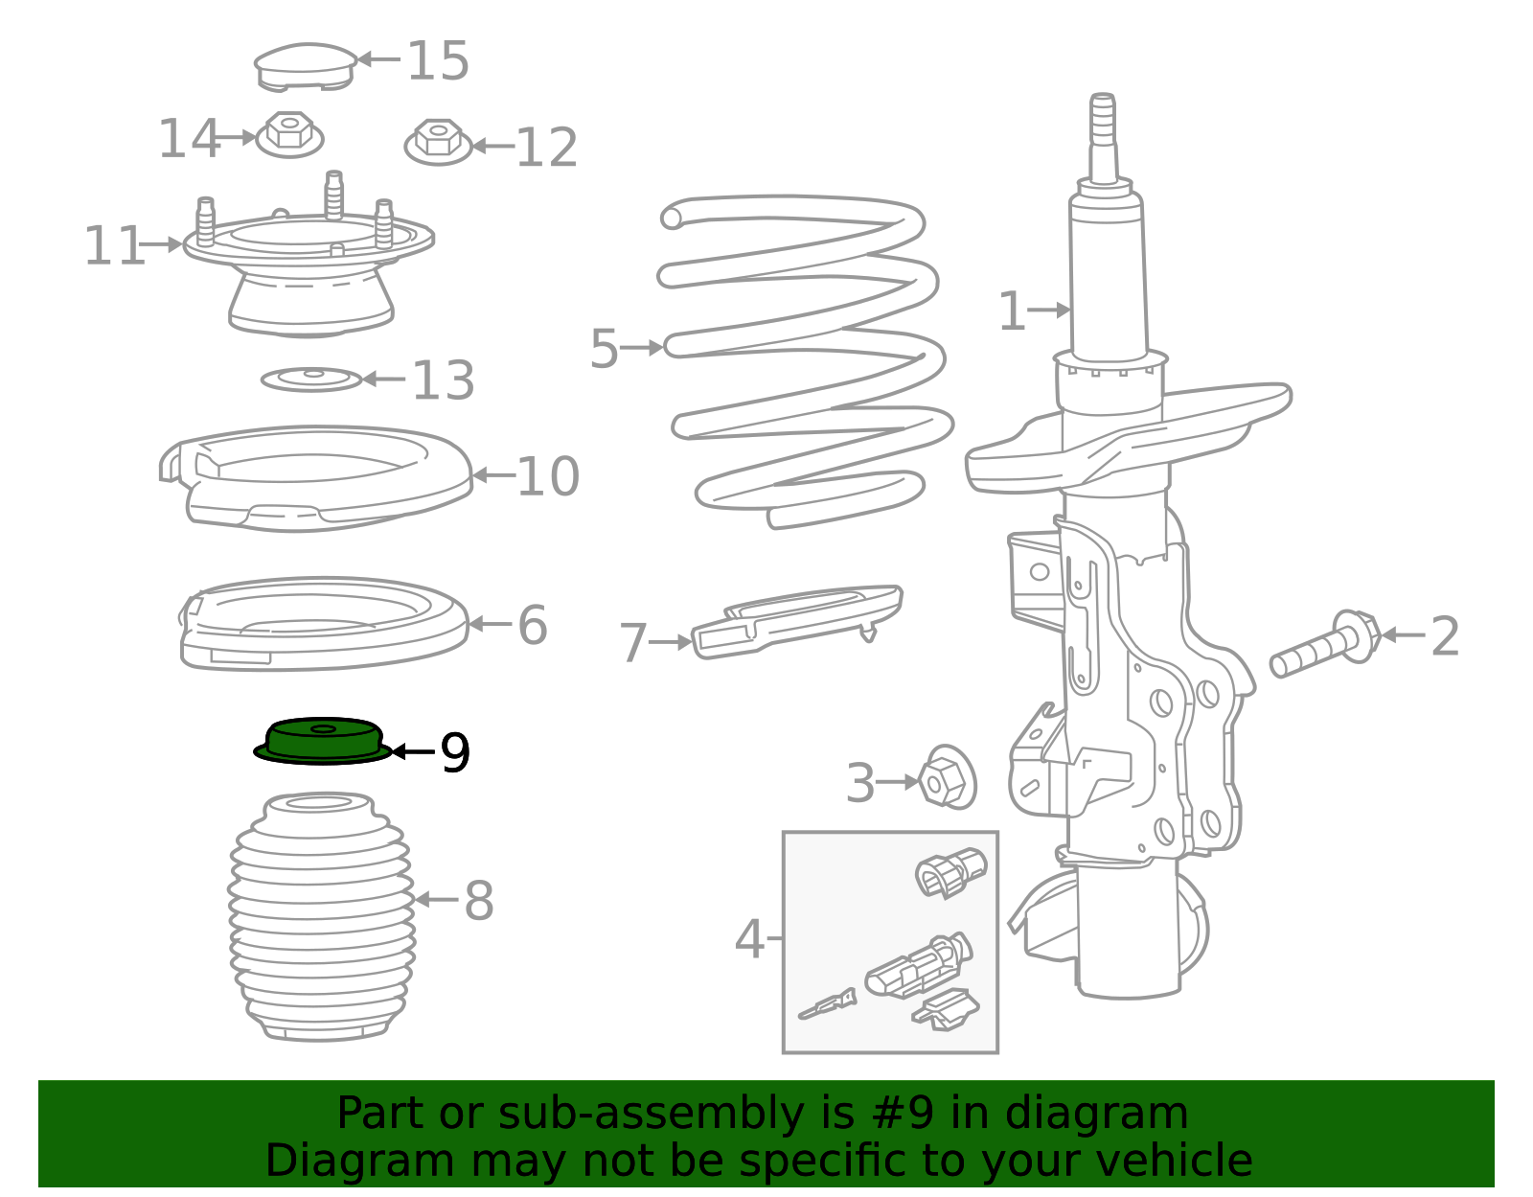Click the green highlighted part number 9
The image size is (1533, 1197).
[322, 741]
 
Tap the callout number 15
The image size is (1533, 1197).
[438, 60]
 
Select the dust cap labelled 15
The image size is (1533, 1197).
[306, 67]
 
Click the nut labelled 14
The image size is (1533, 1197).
[289, 134]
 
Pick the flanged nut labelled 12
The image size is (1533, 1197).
[438, 142]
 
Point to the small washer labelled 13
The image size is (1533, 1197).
[311, 380]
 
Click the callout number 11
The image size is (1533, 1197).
[114, 245]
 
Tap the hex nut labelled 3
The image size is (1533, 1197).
[948, 777]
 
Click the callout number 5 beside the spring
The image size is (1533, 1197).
[604, 349]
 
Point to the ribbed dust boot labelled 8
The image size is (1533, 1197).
[322, 917]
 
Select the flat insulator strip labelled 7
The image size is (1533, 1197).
[797, 621]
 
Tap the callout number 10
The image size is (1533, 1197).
[547, 477]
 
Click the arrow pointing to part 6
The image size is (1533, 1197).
[490, 624]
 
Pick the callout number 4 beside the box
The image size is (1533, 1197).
[749, 939]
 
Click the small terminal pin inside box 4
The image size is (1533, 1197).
[827, 1004]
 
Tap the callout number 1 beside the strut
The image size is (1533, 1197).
[1012, 311]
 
